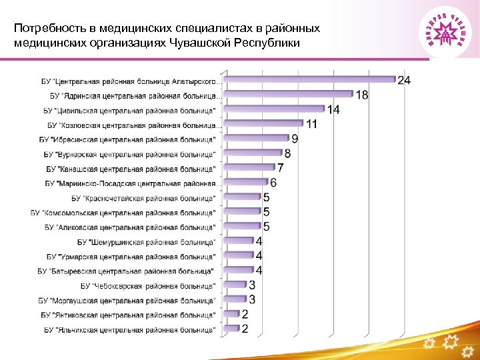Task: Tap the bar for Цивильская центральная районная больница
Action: pyautogui.click(x=274, y=109)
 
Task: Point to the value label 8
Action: pyautogui.click(x=287, y=153)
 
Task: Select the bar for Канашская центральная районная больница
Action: pyautogui.click(x=249, y=168)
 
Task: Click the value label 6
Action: pyautogui.click(x=273, y=183)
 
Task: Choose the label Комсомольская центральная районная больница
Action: pyautogui.click(x=123, y=213)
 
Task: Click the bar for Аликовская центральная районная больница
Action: pyautogui.click(x=243, y=227)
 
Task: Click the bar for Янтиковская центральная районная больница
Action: pyautogui.click(x=232, y=314)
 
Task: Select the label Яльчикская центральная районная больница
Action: pyautogui.click(x=130, y=330)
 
